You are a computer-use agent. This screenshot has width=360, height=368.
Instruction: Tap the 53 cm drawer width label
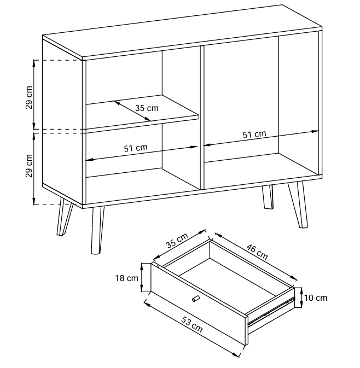coord(192,325)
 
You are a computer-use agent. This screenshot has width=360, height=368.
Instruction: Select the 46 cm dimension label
coord(257,252)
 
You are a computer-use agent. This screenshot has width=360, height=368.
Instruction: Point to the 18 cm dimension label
coord(126,278)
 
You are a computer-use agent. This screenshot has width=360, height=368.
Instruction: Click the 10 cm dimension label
coord(316,298)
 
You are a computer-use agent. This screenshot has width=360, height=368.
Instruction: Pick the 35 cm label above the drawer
coord(177,241)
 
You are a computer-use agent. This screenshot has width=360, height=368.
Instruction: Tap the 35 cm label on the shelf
coord(147,108)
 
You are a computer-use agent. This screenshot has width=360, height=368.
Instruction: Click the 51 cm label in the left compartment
coord(136,148)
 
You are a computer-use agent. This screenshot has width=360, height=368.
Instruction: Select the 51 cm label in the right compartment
coord(254,135)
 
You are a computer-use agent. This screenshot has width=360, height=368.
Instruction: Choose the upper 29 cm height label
coord(29,97)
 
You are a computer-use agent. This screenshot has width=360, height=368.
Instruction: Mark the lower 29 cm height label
coord(29,166)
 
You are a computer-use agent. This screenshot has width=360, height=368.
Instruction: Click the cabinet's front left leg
coord(97,230)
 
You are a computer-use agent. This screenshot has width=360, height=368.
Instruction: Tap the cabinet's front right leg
coord(298,205)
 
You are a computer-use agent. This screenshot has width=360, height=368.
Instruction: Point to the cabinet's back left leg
coord(64,217)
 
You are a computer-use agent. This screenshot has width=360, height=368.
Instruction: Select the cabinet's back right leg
coord(268,197)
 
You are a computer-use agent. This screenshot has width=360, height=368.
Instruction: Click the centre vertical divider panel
coord(202,118)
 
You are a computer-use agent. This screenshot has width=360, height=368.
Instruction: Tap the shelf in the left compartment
coord(143,112)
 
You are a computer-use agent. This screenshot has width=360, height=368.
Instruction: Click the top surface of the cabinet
coord(182,32)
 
